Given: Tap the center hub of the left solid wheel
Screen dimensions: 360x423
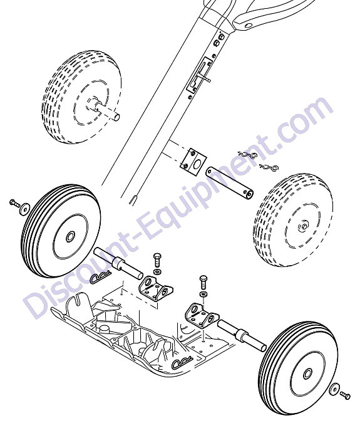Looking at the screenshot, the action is point(71,237).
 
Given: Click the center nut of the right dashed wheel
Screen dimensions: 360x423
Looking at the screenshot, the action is point(304,226).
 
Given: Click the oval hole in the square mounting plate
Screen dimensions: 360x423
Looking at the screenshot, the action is point(197,164).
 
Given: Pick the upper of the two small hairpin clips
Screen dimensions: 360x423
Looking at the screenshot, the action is point(247,155).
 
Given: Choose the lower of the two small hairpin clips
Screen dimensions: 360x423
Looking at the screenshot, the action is point(269,167).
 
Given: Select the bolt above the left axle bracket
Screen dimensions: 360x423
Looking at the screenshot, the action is point(157,260).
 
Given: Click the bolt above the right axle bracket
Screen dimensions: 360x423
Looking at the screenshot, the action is point(203,282).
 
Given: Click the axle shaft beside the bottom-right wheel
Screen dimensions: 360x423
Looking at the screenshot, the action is point(242,335).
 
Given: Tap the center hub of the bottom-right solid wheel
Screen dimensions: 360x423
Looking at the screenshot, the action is point(307,374).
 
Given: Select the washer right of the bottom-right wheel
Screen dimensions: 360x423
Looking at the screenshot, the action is point(334,389).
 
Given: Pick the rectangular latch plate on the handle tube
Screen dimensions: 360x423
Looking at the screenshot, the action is point(199,75).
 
